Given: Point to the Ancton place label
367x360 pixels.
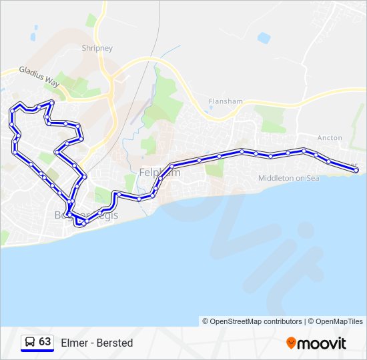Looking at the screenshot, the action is (330, 138).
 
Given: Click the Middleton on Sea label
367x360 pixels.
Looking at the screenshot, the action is (290, 178).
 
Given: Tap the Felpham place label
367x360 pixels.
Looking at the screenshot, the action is (159, 173).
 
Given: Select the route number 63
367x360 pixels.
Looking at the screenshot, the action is (45, 342).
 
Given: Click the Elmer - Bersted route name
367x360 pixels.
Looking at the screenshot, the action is (97, 343).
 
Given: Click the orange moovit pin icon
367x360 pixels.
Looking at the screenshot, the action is (292, 343).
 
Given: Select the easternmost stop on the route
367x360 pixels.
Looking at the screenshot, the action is (356, 170).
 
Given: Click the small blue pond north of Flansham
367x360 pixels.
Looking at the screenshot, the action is (264, 38).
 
